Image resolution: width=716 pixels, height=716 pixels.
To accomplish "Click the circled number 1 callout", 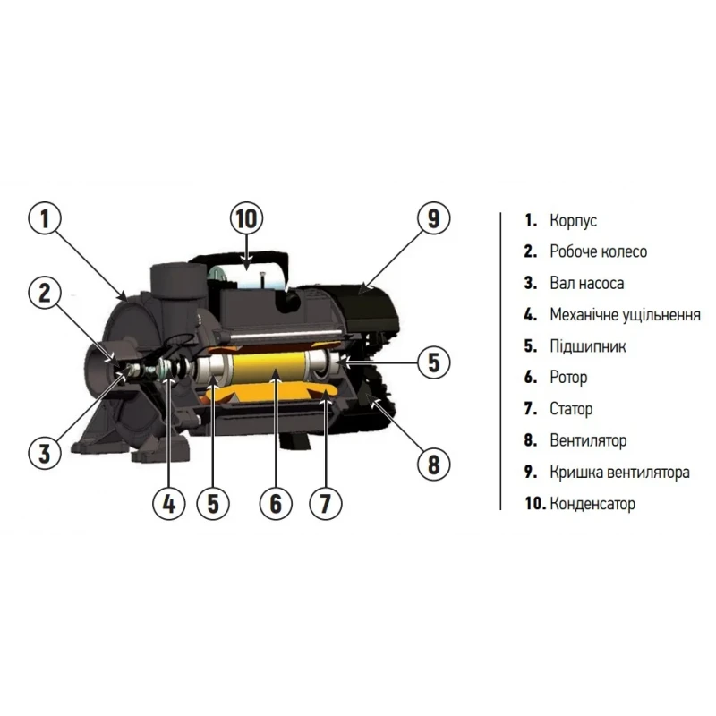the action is pos(45,218).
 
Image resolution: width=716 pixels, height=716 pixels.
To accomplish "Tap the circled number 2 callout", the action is pos(45,293).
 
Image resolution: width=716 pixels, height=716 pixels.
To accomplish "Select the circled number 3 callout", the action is pos(45,453).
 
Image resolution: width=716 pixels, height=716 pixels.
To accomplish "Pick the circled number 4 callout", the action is pos(169,504).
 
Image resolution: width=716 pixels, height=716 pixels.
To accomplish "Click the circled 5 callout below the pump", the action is pos(213,504).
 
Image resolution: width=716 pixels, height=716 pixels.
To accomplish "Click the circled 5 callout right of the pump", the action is pos(434,362).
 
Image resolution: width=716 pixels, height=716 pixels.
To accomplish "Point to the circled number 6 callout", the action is pos(276,504).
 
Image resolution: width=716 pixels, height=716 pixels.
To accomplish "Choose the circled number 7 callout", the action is pos(325,504).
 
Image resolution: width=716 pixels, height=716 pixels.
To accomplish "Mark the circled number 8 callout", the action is pos(434,465).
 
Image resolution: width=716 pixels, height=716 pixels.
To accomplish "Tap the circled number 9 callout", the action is pos(434,218).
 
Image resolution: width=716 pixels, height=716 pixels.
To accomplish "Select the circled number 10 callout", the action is pos(247,218).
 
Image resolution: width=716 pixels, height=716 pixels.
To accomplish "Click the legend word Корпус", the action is pos(573,221).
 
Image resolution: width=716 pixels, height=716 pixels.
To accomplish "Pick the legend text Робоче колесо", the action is pos(598,251).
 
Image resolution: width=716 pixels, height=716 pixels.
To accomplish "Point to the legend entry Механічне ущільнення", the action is pos(625,315).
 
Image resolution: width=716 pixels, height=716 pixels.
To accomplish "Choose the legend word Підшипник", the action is pos(588,346).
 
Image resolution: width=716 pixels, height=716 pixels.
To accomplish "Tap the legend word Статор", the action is pos(571,409).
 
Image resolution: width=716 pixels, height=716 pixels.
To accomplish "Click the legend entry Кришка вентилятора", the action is pos(619,472).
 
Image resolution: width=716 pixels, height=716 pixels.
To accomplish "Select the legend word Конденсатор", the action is pos(592,504).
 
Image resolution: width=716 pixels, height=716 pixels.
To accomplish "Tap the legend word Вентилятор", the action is pos(588,440).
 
